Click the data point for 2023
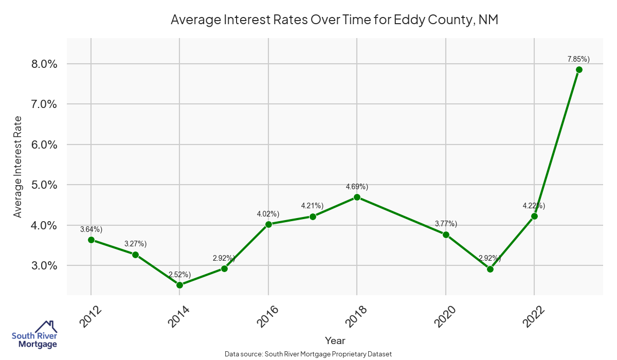point(579,69)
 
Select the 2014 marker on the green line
point(179,285)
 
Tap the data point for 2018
point(357,197)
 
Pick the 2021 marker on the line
point(490,269)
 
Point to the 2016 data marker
point(268,224)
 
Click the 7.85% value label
point(578,59)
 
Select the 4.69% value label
point(357,186)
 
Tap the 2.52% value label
point(180,274)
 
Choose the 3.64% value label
point(91,229)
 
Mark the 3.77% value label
point(446,224)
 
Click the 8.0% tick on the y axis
point(44,64)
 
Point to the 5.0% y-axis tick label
point(44,185)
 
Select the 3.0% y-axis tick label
point(44,265)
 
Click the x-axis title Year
point(335,340)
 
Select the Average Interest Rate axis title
point(18,167)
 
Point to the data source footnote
point(308,354)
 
